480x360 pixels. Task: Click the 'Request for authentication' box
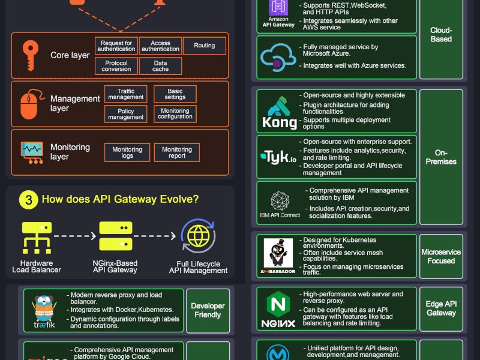116,46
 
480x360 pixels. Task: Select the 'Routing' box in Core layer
205,46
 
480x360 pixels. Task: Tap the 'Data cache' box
160,66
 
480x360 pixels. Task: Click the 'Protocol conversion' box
116,66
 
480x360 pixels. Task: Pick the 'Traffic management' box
126,94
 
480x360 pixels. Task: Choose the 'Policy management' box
126,114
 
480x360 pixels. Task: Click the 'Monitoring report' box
176,152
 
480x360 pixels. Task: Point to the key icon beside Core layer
29,55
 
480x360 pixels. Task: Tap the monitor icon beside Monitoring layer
32,152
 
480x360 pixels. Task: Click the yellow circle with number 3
28,200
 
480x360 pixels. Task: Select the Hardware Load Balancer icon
37,237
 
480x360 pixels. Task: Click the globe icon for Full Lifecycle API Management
197,236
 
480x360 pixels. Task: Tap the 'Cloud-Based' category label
441,35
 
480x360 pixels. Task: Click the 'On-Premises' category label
441,157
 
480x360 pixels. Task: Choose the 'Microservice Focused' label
441,256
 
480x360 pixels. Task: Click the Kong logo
279,113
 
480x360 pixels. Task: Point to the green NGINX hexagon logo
278,304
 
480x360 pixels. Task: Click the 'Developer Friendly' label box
208,310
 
